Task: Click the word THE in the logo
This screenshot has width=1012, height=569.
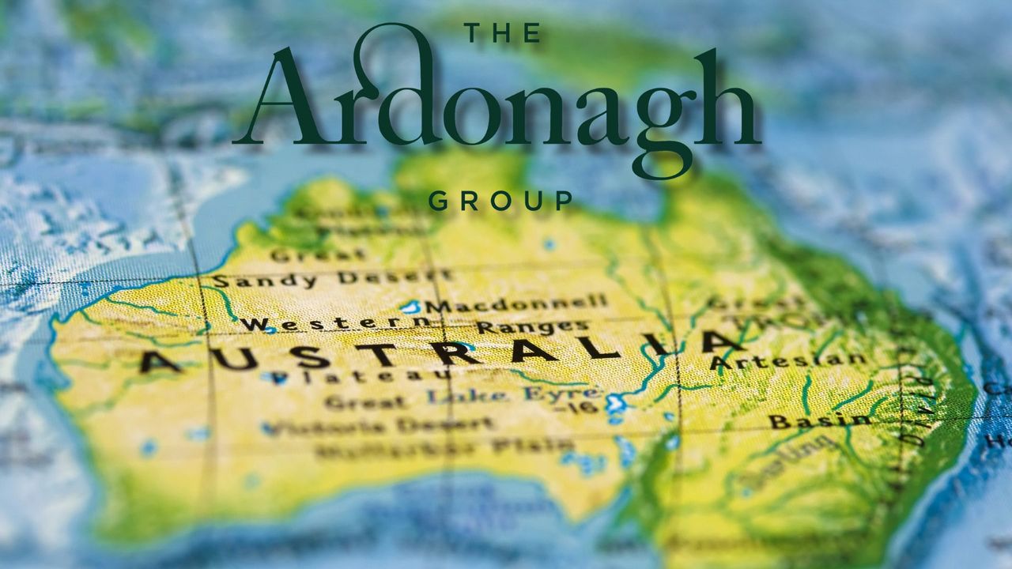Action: tap(502, 33)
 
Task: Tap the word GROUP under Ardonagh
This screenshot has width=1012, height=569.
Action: tap(500, 202)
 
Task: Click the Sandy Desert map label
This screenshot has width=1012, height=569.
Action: tap(332, 279)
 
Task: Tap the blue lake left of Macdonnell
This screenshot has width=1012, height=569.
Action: tap(410, 307)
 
